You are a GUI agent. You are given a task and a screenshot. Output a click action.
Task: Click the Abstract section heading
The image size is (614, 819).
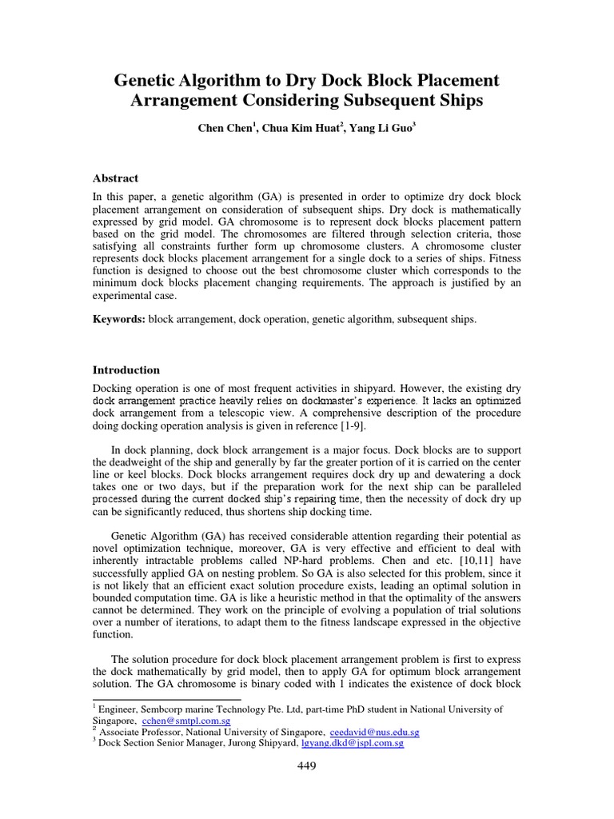(115, 178)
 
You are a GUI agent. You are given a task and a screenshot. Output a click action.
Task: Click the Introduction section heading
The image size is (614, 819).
(126, 370)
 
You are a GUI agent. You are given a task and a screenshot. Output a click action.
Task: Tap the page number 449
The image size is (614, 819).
(306, 766)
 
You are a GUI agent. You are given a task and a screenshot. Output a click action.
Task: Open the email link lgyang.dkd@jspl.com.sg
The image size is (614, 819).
(351, 743)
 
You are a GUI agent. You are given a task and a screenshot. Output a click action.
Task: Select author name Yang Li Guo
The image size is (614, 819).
(381, 129)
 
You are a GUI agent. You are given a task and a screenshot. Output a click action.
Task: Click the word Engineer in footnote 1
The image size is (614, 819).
(121, 709)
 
